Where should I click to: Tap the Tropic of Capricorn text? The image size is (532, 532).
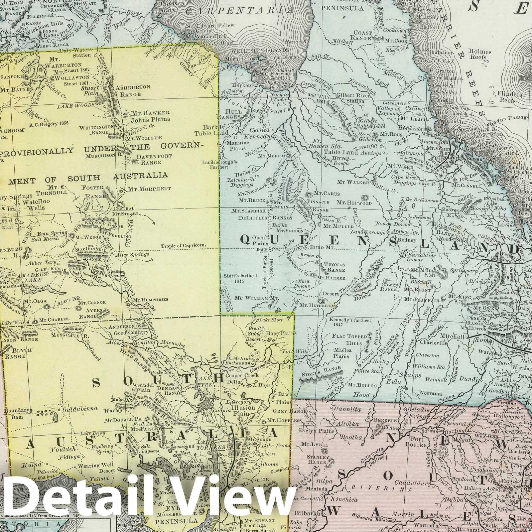pos(184,246)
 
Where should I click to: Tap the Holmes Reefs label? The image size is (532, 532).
pos(479,54)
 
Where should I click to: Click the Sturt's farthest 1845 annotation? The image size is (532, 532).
pos(239,278)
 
